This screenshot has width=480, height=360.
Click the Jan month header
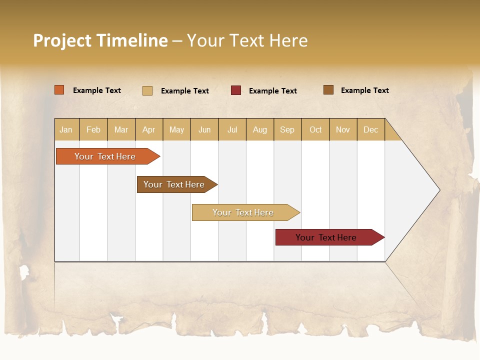point(66,129)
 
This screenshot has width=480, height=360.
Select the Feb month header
point(93,129)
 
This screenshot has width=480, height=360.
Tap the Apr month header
point(149,129)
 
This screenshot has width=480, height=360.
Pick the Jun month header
point(204,129)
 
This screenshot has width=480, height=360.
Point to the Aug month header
point(260,129)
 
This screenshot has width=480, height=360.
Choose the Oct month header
point(315,129)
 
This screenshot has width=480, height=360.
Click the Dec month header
point(370,129)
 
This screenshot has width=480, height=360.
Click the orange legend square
point(59,90)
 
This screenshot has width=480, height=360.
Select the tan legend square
point(147,90)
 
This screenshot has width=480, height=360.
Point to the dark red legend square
point(236,90)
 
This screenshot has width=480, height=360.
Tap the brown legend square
point(328,90)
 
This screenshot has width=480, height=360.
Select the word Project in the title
point(62,40)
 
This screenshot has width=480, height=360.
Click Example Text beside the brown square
point(364,90)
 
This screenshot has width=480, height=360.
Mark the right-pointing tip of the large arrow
point(438,190)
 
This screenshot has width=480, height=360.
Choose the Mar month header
point(121,129)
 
